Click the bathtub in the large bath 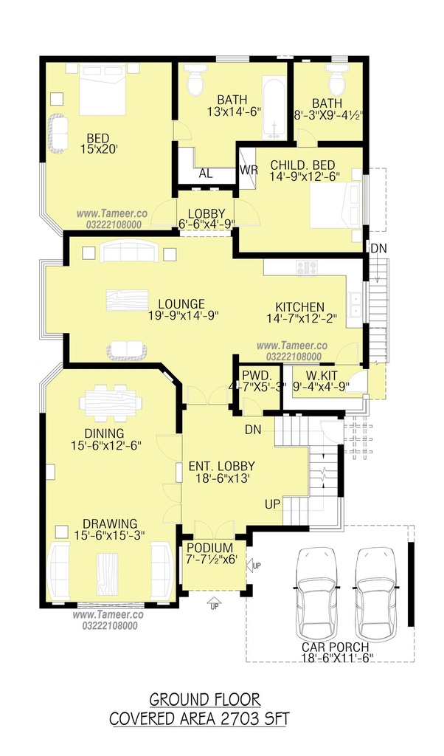(x=274, y=107)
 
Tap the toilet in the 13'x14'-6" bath (x=195, y=79)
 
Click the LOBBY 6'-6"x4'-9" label (x=206, y=219)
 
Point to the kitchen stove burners (x=307, y=268)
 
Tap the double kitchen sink (x=355, y=305)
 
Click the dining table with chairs (x=111, y=400)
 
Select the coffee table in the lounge (x=127, y=300)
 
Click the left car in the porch (x=316, y=594)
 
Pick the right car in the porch (x=376, y=594)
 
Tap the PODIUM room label (x=210, y=549)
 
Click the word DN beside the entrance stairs (x=253, y=430)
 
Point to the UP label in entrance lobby (x=272, y=504)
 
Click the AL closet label (x=206, y=173)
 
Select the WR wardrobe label (x=249, y=171)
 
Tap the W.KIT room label (x=322, y=375)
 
